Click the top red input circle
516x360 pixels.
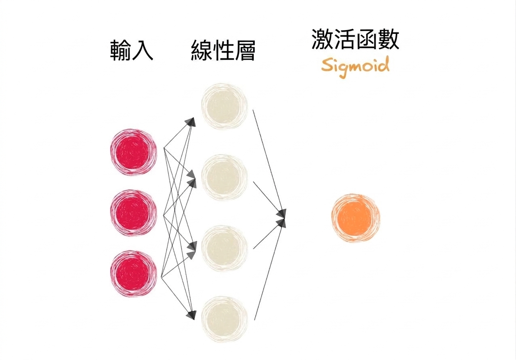click(x=134, y=152)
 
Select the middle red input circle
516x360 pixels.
click(x=134, y=213)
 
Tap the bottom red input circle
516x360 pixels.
click(x=134, y=274)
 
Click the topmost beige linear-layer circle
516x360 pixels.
click(x=224, y=106)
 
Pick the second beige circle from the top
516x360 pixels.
click(x=224, y=177)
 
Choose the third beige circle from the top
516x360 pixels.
click(x=224, y=248)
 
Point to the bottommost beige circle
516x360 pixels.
click(x=224, y=319)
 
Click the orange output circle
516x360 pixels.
click(x=355, y=218)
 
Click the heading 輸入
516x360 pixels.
click(x=132, y=50)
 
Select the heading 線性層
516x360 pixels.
click(x=223, y=50)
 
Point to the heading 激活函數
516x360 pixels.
click(x=355, y=39)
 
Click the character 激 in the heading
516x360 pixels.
click(x=322, y=39)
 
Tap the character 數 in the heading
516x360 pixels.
click(x=389, y=39)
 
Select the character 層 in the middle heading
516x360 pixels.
click(x=244, y=50)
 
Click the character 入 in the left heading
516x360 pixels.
click(x=143, y=50)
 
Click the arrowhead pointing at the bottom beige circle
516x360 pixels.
click(x=191, y=315)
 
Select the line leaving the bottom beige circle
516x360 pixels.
click(x=269, y=272)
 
